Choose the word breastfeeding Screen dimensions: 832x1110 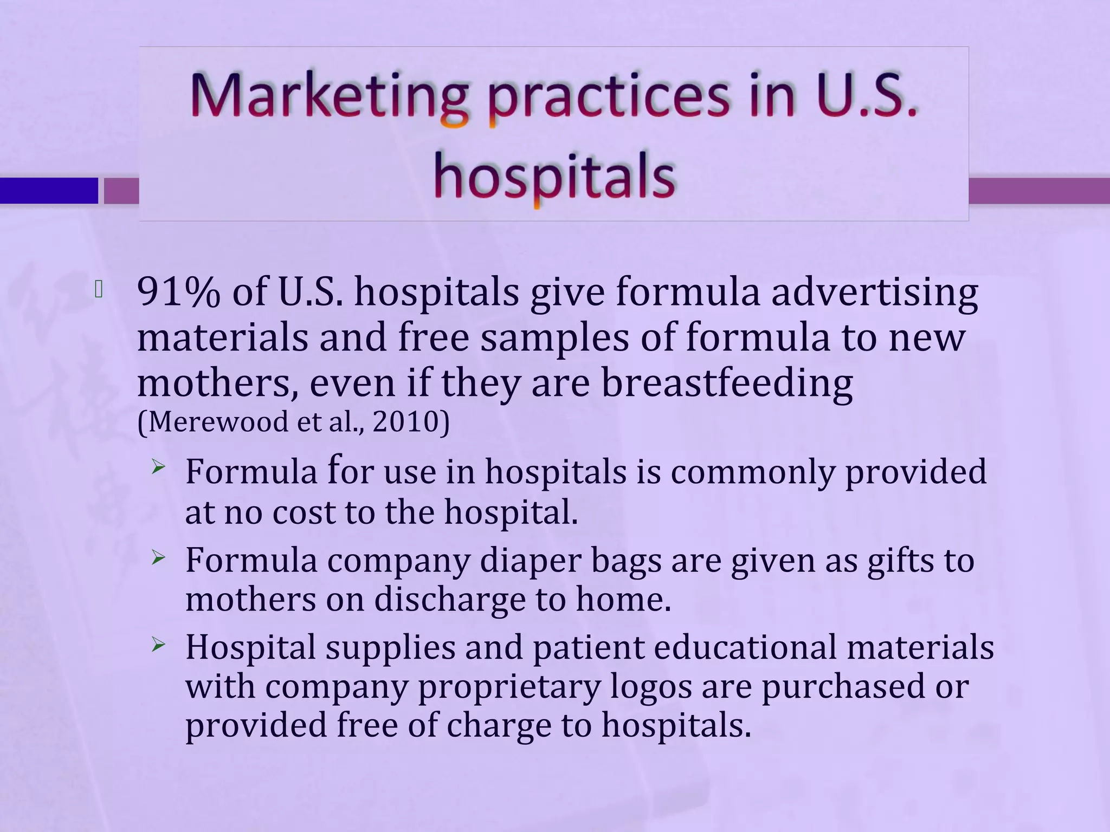pyautogui.click(x=727, y=383)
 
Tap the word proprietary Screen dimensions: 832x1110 pyautogui.click(x=509, y=687)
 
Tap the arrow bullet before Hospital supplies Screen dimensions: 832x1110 pyautogui.click(x=158, y=645)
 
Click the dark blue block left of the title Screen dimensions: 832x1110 pyautogui.click(x=49, y=191)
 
